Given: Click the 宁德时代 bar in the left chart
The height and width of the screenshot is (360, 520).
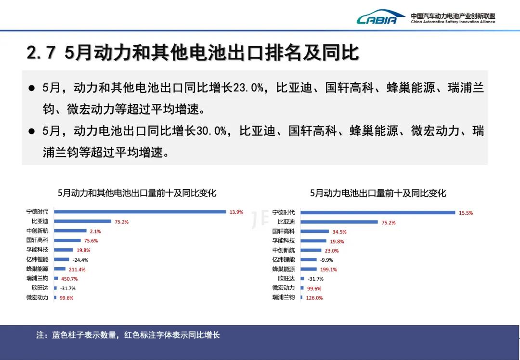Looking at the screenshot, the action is [140, 212].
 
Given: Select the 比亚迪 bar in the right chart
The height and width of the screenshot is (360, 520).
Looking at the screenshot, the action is [339, 222].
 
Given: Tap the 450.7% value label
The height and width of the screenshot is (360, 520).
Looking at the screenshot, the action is [69, 279].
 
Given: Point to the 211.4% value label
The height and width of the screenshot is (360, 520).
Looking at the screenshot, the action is [77, 270].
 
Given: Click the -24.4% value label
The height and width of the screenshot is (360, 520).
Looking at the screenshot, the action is [80, 260].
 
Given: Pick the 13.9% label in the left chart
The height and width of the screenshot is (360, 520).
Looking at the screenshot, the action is [236, 212].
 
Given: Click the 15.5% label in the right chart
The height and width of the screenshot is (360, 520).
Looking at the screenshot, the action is [466, 213].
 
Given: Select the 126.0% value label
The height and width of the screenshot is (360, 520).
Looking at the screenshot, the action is [314, 298].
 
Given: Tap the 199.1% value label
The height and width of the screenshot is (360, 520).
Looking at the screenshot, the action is [328, 270].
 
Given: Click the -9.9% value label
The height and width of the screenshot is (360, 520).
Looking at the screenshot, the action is [326, 260].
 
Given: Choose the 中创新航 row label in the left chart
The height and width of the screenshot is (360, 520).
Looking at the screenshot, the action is [37, 231].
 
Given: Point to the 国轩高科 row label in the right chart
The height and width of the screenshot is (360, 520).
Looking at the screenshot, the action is [283, 231].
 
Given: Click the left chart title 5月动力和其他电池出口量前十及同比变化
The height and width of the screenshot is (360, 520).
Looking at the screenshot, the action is [137, 193].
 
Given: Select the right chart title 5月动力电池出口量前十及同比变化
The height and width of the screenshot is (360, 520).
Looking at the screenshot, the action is [378, 193].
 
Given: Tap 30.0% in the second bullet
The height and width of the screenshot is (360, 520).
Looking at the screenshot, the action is [211, 131].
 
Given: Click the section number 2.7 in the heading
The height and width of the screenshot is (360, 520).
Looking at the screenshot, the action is [40, 53].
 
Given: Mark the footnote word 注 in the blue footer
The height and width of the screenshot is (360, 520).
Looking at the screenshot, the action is [40, 335].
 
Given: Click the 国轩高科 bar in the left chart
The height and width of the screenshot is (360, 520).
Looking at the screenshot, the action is [67, 240].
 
